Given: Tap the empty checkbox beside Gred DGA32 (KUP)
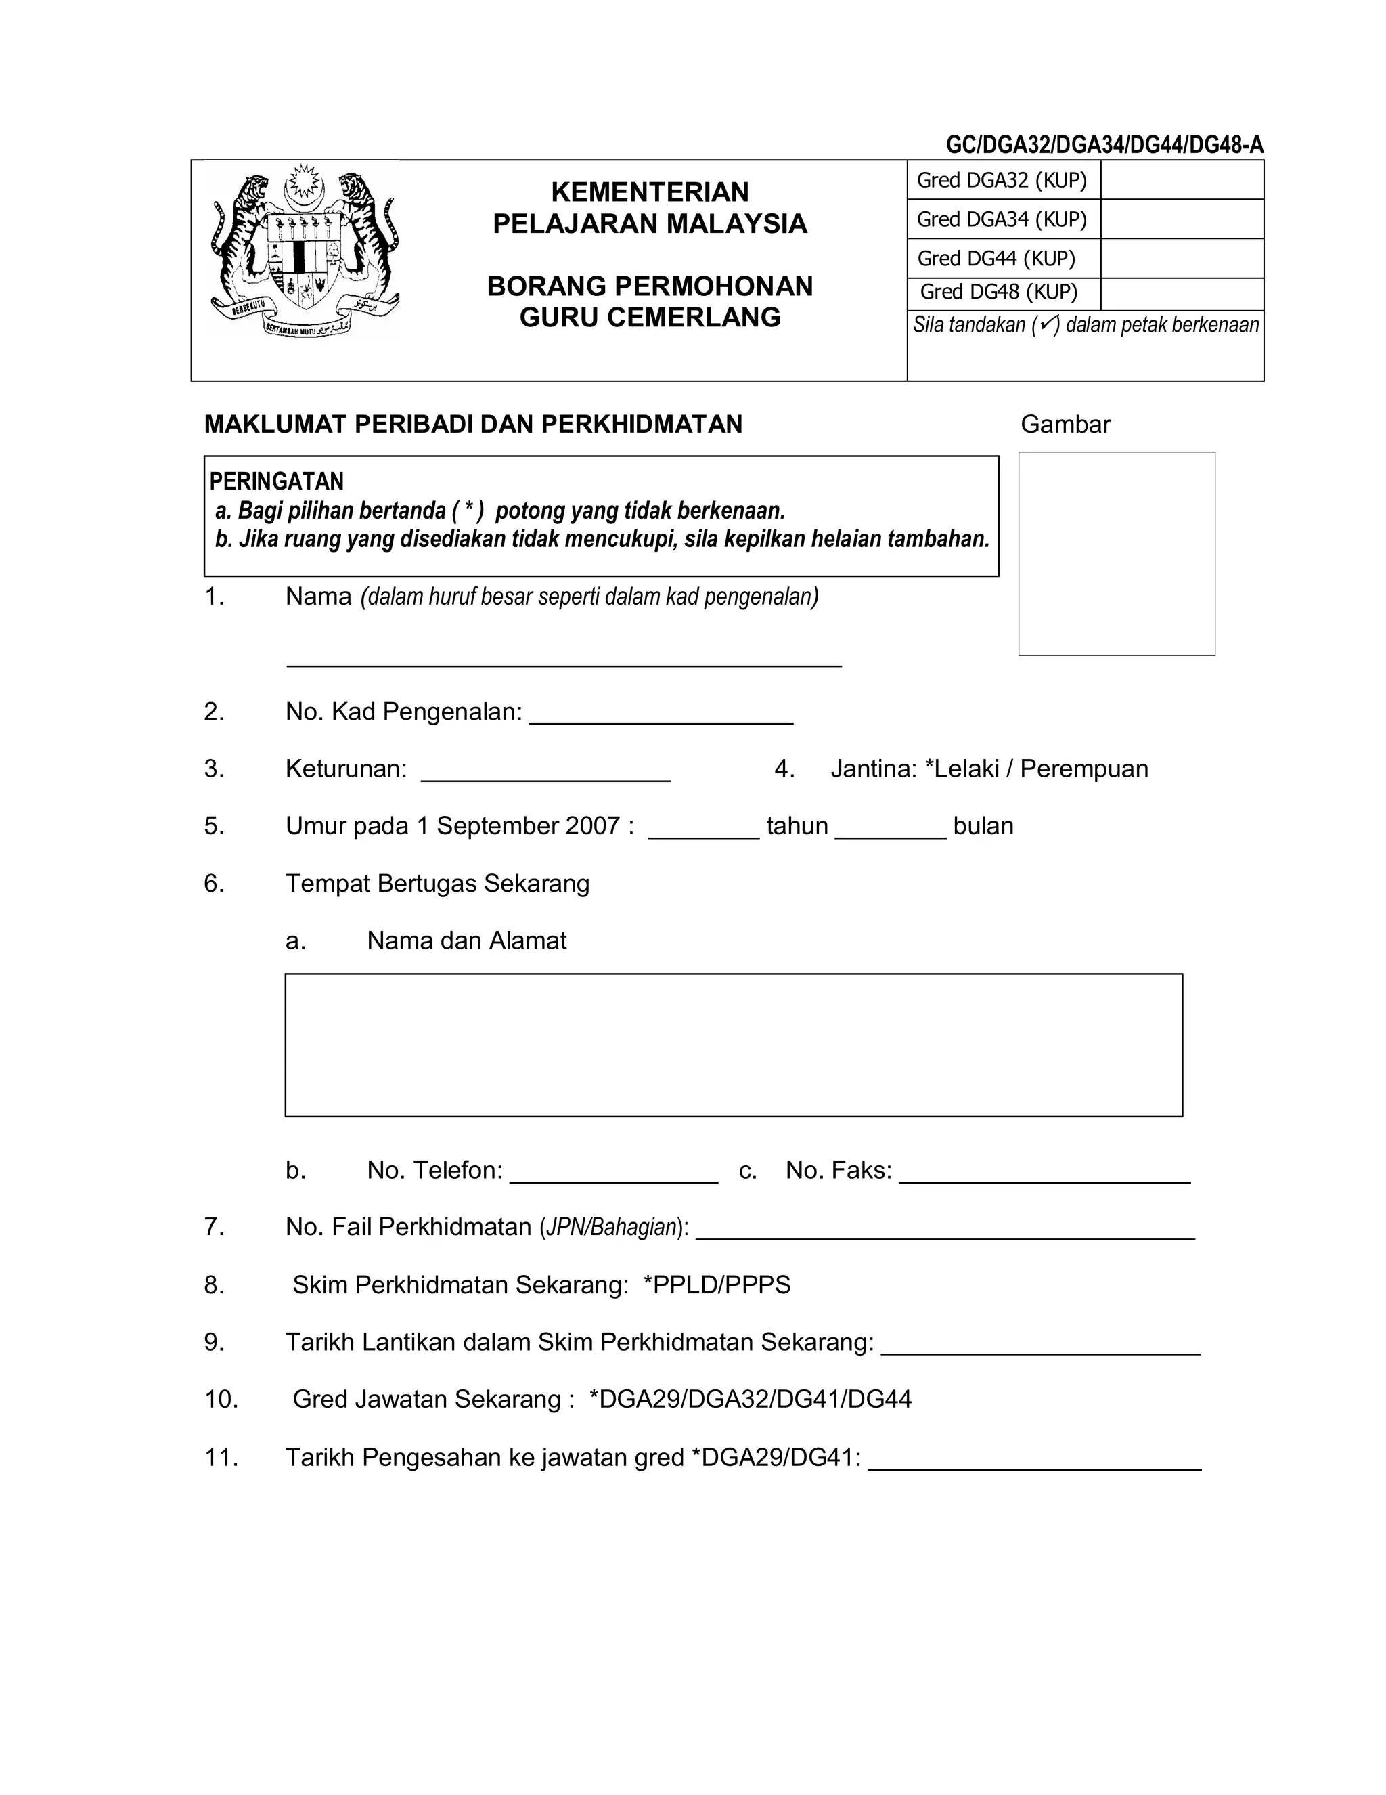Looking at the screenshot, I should pos(1181,180).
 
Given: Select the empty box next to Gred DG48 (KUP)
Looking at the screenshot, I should pos(1181,293).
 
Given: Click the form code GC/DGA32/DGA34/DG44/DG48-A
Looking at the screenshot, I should pos(1104,146).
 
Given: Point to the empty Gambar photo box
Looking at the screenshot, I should pos(1116,553).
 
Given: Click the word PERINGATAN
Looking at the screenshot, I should pos(276,481).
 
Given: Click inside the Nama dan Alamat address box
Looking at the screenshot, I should pos(733,1045).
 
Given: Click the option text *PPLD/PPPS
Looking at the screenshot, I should pos(717,1284).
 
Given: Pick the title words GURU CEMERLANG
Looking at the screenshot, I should pos(650,318).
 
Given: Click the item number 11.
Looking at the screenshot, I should pos(221,1457).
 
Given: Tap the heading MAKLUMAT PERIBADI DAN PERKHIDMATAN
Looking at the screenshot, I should pos(473,424).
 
